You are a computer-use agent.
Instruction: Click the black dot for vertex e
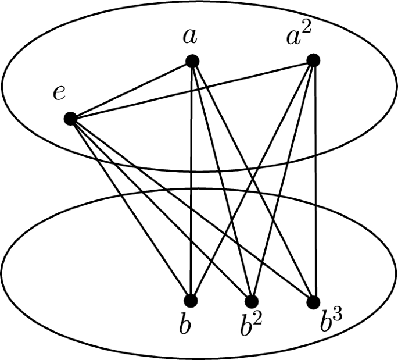click(x=71, y=119)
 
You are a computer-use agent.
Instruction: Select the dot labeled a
click(x=192, y=60)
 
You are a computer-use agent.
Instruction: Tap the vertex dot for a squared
click(x=314, y=59)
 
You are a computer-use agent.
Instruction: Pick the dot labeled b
click(x=191, y=301)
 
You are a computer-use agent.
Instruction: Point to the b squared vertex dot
click(x=252, y=301)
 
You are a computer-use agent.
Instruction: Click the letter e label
click(x=59, y=93)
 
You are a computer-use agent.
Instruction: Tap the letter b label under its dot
click(x=185, y=326)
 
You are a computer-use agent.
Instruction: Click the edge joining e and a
click(x=131, y=90)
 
